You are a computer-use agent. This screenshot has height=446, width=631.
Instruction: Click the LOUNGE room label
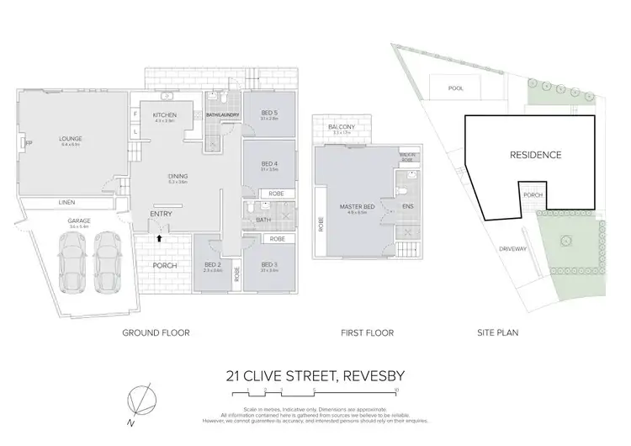tap(69, 139)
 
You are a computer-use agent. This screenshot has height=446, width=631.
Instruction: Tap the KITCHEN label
tap(163, 115)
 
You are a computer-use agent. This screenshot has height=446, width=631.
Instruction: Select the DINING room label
tap(177, 176)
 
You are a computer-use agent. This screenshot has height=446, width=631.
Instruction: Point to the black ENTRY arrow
tap(159, 239)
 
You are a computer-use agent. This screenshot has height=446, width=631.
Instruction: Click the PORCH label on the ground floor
tap(164, 266)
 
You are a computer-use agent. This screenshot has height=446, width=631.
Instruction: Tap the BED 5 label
tap(269, 114)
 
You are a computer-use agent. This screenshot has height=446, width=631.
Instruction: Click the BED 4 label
tap(269, 165)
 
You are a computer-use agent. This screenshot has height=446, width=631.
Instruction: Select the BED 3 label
tap(269, 265)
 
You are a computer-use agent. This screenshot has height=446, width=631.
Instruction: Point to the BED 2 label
tap(211, 265)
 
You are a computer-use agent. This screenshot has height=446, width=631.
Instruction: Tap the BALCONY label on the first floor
tap(344, 127)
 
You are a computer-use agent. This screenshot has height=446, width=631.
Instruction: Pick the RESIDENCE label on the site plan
tap(535, 155)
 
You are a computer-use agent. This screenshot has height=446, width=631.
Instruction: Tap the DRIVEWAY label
tap(512, 249)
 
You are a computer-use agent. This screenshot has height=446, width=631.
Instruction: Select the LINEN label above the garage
tap(66, 203)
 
